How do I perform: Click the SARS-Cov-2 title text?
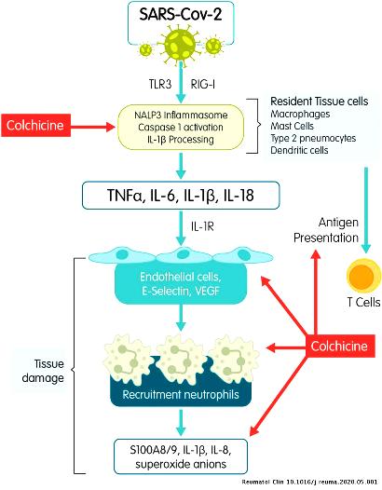[x=181, y=14]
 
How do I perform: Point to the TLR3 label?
[x=160, y=84]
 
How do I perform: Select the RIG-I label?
[x=203, y=84]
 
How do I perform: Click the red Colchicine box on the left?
[x=35, y=126]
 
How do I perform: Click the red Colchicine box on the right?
[x=340, y=346]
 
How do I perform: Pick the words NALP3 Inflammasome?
[x=181, y=115]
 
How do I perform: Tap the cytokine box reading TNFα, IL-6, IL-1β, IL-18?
[x=181, y=195]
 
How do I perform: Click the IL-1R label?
[x=202, y=226]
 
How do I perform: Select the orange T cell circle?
[x=364, y=276]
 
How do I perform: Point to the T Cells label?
[x=363, y=302]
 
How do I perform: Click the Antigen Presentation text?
[x=326, y=230]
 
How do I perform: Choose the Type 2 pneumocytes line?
[x=313, y=138]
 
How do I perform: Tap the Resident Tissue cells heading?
[x=320, y=102]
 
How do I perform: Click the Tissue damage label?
[x=43, y=371]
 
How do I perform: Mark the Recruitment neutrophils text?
[x=181, y=394]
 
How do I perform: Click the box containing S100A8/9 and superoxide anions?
[x=181, y=456]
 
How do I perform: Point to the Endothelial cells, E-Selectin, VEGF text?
[x=181, y=284]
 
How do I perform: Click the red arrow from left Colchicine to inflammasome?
[x=93, y=127]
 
